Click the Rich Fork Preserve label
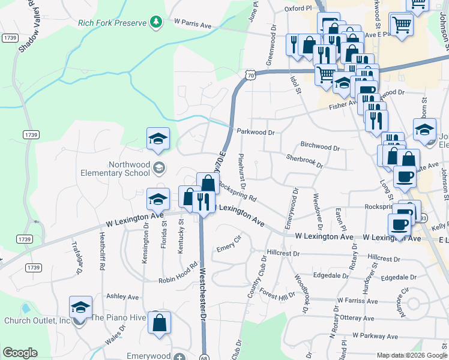click(x=112, y=23)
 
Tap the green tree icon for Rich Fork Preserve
click(x=157, y=22)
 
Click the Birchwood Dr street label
click(x=320, y=146)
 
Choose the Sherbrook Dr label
click(x=304, y=161)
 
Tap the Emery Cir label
click(x=229, y=246)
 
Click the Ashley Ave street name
click(x=122, y=296)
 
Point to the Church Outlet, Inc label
click(x=37, y=320)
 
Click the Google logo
click(x=20, y=352)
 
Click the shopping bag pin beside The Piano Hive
click(x=159, y=323)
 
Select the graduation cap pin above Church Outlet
click(x=80, y=307)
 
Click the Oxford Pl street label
click(x=299, y=9)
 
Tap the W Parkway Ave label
click(x=376, y=336)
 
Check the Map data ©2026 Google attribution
click(x=412, y=355)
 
